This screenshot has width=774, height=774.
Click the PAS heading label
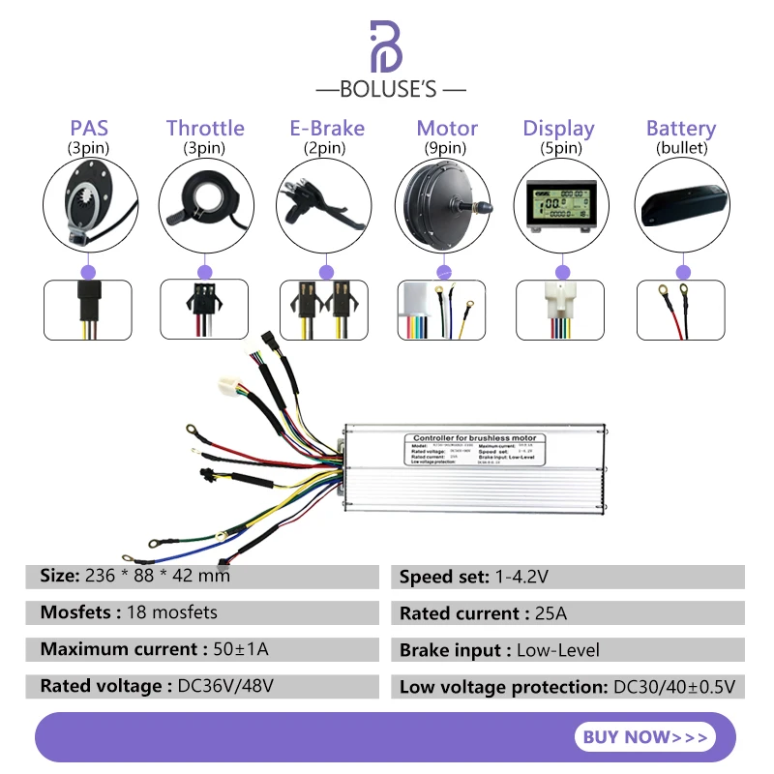tap(89, 129)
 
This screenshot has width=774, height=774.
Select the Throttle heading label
tap(205, 129)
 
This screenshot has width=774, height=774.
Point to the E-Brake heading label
tap(327, 129)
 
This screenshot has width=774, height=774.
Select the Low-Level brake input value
tap(555, 650)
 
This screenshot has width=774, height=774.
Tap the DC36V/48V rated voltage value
tap(224, 686)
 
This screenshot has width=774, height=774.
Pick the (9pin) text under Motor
tap(445, 148)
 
